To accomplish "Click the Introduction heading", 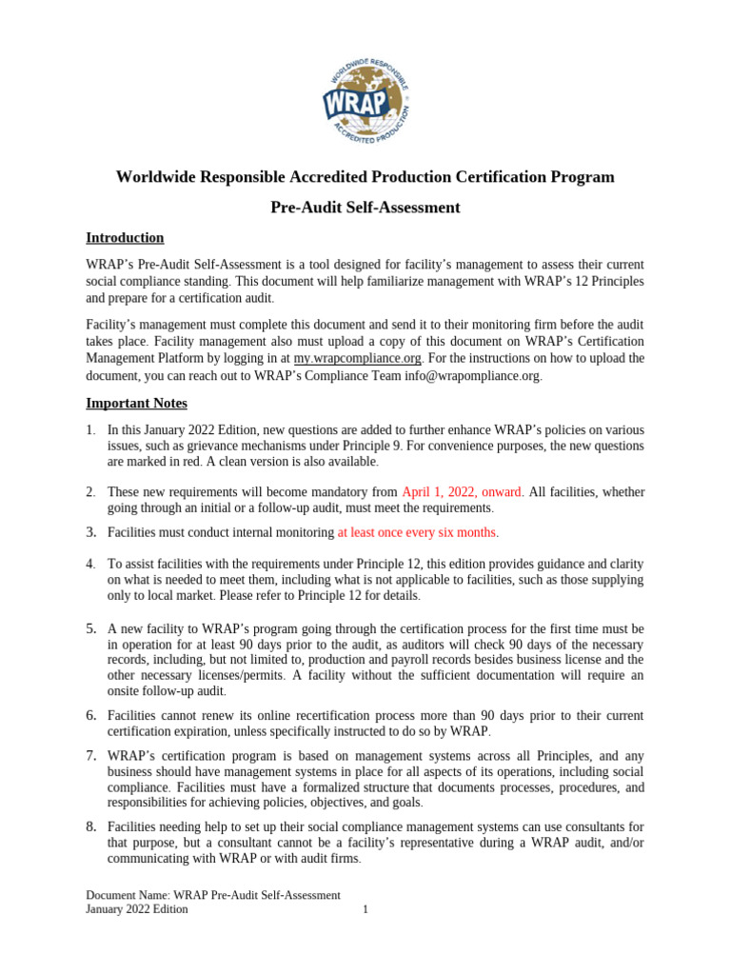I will coord(125,238).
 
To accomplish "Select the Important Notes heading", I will coord(136,403).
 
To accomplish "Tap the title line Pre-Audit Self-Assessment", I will coord(365,208).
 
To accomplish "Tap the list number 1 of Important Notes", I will coord(89,430).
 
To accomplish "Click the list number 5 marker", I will coord(90,629).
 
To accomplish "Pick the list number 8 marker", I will coord(90,827).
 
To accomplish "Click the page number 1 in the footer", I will coord(365,909).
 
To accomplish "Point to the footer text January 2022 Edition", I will coord(136,909).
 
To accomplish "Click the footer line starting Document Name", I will coord(213,895).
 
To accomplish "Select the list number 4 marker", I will coord(89,564).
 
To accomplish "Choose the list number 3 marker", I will coord(90,531).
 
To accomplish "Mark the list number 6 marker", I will coord(90,715).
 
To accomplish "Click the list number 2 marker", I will coord(89,492).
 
